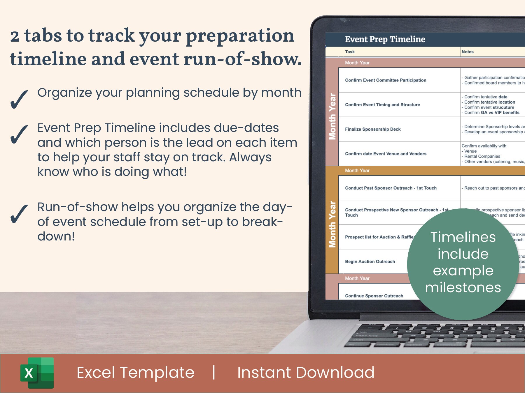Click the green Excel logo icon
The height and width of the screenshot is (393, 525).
37,373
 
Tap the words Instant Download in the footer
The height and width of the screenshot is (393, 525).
306,373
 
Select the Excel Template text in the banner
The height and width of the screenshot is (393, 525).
135,373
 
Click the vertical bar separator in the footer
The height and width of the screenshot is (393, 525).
214,373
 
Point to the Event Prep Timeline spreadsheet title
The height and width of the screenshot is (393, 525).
385,39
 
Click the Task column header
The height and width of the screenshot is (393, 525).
350,52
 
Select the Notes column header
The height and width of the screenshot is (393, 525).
468,52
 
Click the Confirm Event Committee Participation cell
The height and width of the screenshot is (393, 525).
385,80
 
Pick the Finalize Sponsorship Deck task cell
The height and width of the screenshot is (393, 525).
372,129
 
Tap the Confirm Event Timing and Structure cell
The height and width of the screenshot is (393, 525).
382,105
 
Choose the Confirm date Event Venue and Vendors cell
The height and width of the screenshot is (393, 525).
385,154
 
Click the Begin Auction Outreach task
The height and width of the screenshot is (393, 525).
370,262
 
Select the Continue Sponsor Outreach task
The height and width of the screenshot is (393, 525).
374,296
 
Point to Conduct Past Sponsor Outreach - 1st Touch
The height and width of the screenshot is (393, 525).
391,188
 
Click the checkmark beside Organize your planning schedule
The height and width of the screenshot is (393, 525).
19,99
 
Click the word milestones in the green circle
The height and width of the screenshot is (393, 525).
463,288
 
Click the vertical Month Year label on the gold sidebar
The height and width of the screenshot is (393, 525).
332,224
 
